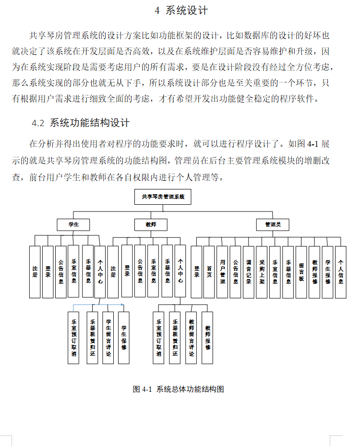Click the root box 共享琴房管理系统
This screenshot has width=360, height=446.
pos(163,197)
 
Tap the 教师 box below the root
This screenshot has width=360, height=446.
pos(151,224)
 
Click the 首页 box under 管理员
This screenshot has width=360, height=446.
pos(209,272)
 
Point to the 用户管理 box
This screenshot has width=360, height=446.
pos(222,272)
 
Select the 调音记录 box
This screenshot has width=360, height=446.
pos(248,272)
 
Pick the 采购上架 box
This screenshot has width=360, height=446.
pos(262,272)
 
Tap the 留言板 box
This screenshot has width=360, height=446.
pos(301,272)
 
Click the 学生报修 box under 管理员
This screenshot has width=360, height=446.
pos(327,272)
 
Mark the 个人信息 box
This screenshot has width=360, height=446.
pos(340,272)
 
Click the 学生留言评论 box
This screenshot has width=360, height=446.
pos(108,338)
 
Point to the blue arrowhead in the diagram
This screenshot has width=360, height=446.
pos(122,305)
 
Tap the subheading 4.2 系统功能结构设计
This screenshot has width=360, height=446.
pos(81,123)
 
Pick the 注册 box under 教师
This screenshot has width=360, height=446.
pos(113,272)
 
